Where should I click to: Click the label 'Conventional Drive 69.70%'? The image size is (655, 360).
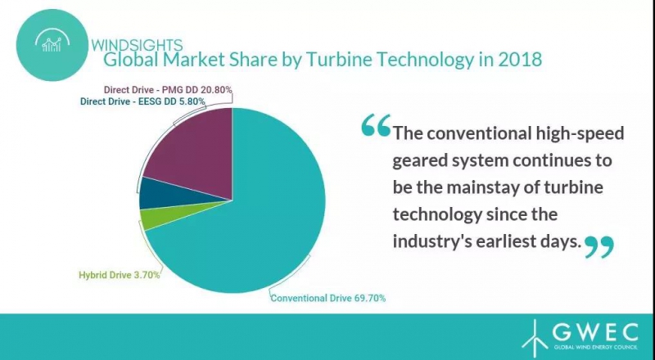327,299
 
